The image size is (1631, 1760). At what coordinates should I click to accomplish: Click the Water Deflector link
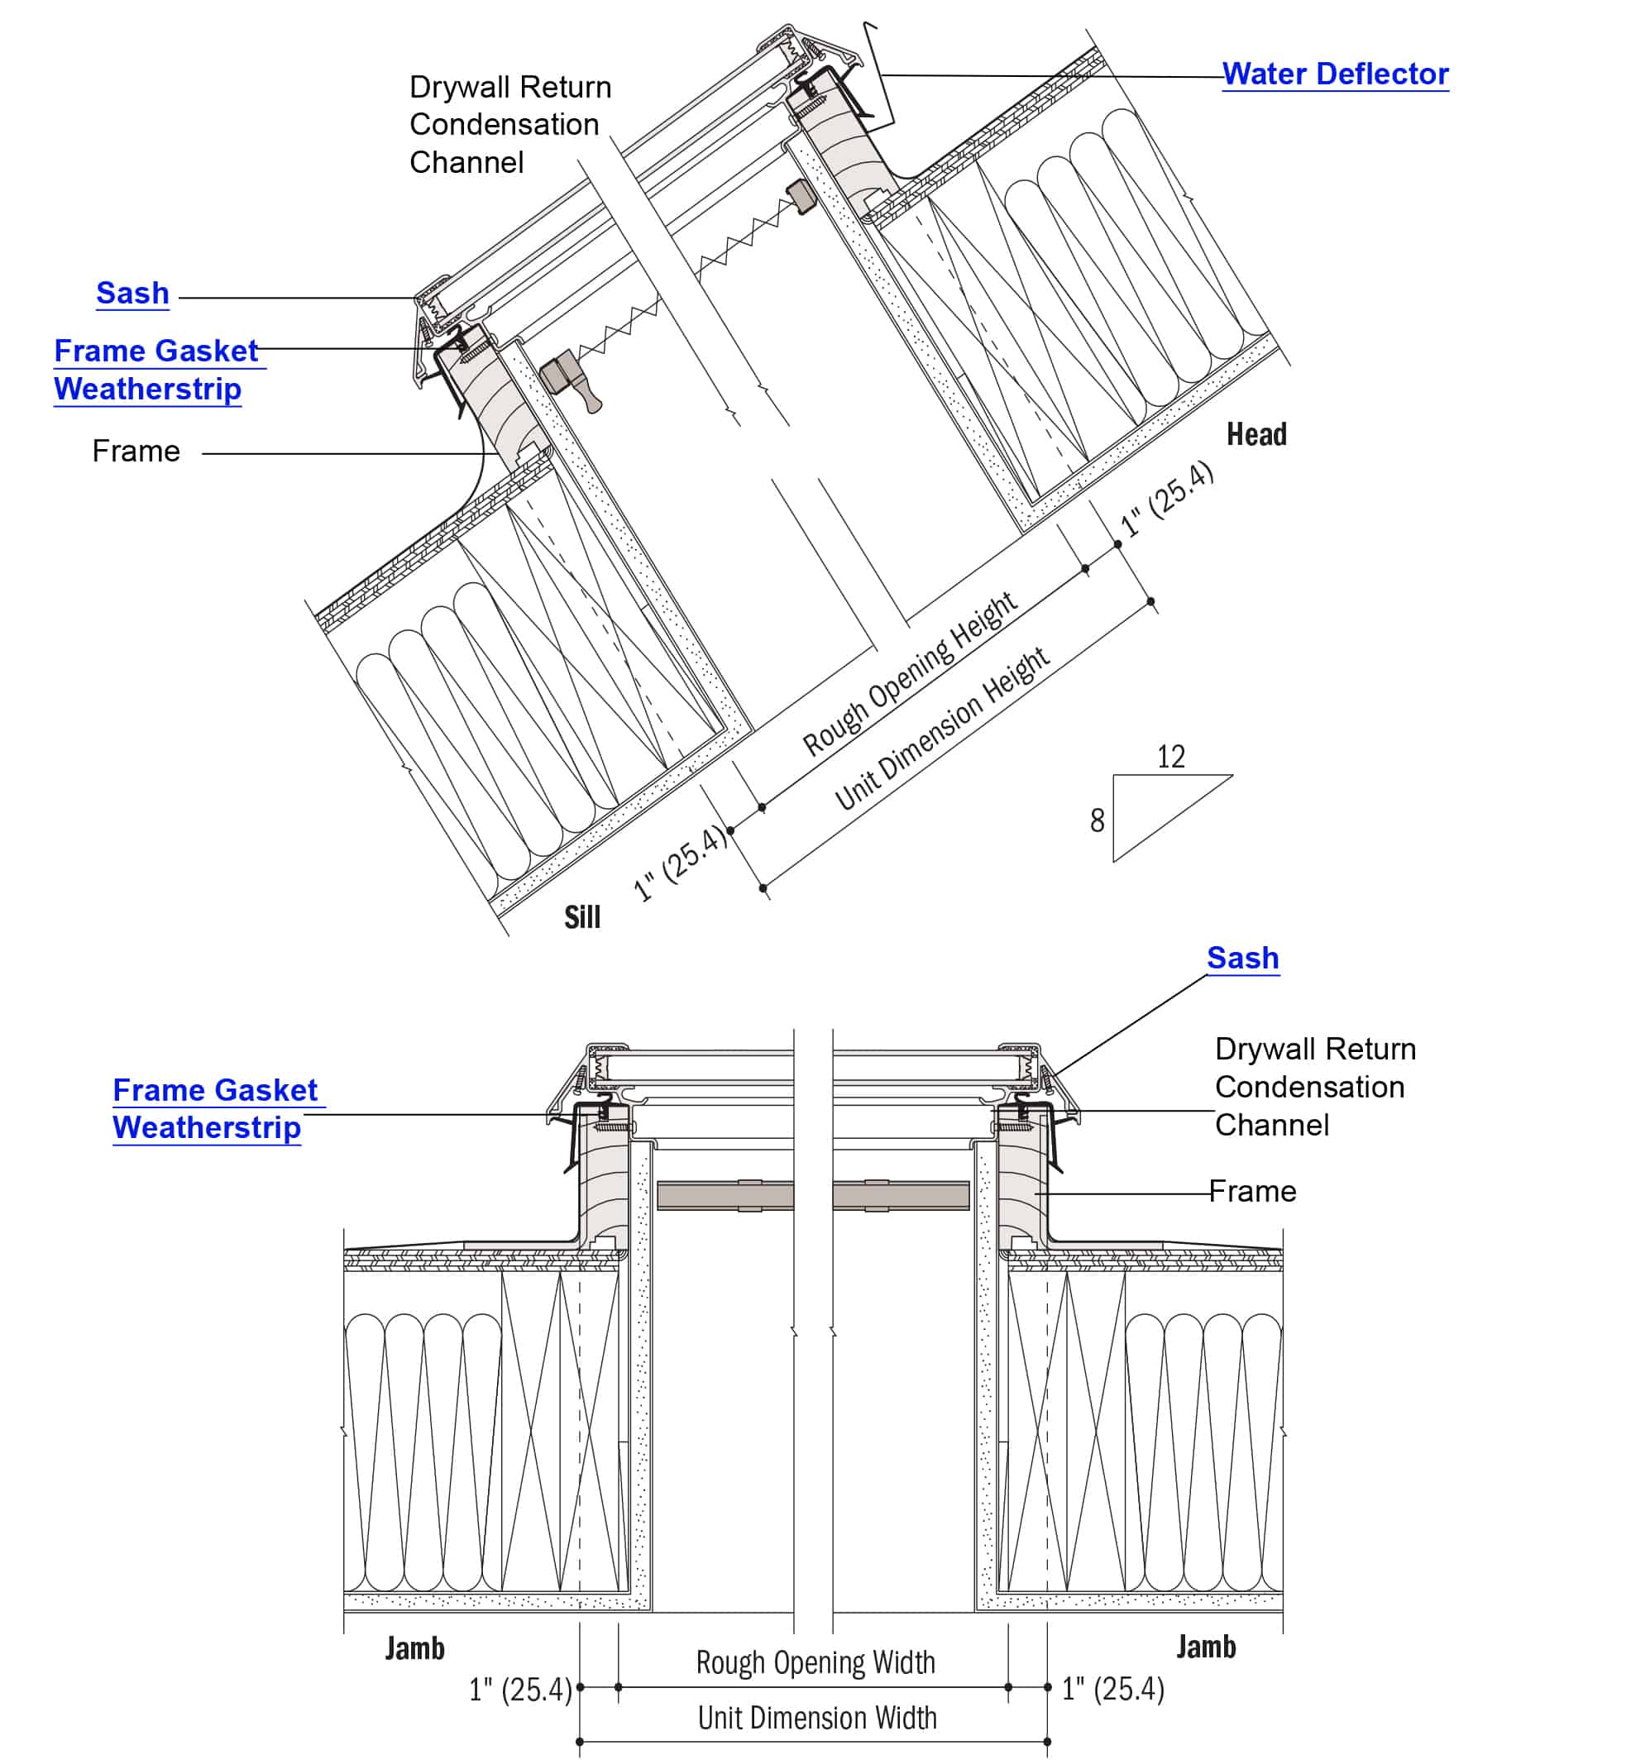[1334, 74]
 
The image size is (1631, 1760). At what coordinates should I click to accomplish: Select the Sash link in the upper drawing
[132, 293]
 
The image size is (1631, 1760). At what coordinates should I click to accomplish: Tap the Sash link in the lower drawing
[1242, 959]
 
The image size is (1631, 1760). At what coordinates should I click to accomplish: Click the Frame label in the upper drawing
[136, 452]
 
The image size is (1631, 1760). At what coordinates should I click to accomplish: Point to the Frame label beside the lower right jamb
[1252, 1192]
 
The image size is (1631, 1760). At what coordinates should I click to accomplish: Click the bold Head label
[1256, 434]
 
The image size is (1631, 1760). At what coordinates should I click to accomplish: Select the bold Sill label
[582, 918]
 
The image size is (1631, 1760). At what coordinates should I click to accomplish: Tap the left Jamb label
[415, 1648]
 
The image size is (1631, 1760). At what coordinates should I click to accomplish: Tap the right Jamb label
[1206, 1646]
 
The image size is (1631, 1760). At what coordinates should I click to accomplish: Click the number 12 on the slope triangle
[1170, 757]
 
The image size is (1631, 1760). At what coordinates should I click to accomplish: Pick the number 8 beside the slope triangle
[1097, 820]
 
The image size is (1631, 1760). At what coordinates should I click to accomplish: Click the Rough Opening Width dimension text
[815, 1662]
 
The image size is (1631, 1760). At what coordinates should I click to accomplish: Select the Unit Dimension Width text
[816, 1718]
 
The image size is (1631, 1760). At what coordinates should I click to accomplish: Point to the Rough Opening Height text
[909, 675]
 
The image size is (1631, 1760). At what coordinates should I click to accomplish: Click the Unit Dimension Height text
[942, 729]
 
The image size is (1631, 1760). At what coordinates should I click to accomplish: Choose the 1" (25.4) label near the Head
[1167, 499]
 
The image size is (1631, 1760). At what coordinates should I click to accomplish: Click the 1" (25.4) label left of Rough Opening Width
[520, 1690]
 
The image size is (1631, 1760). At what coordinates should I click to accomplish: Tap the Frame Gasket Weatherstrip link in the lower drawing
[212, 1109]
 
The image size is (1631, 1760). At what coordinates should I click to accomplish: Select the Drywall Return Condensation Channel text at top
[509, 124]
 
